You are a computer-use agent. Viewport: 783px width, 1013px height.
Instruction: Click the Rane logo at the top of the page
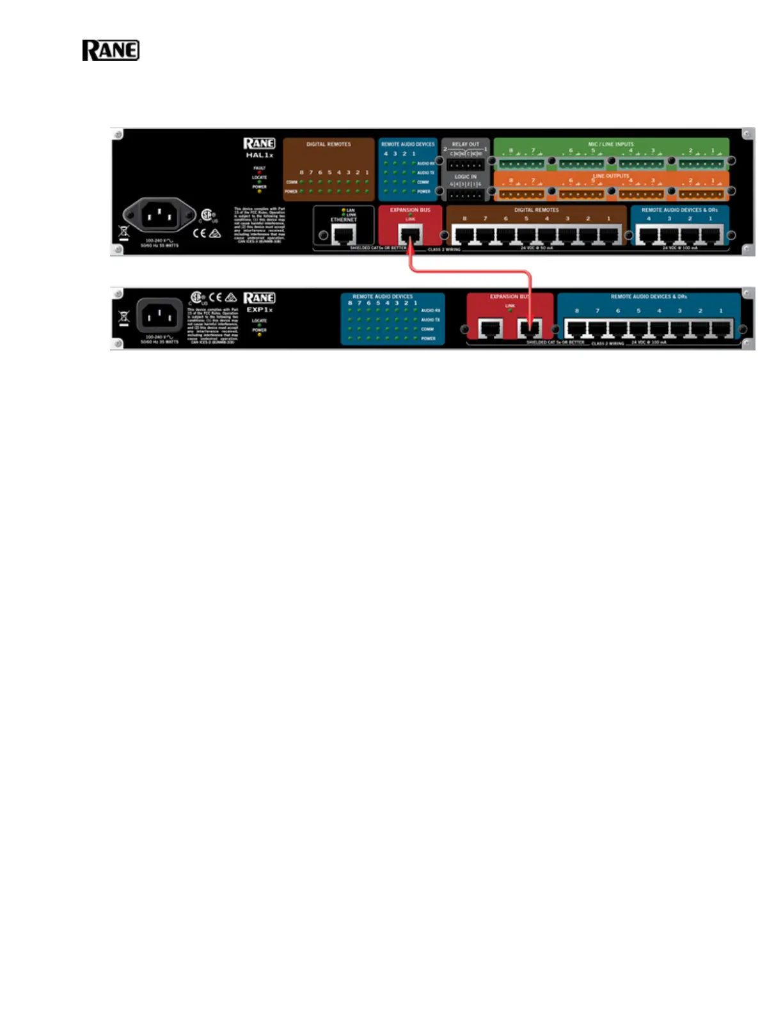point(111,51)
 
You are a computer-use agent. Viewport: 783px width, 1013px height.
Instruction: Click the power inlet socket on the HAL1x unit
point(159,215)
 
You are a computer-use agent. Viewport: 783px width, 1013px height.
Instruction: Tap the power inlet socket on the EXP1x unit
point(159,315)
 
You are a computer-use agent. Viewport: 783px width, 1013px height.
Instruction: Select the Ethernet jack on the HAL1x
point(344,235)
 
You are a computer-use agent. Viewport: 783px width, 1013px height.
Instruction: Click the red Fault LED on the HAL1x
point(259,173)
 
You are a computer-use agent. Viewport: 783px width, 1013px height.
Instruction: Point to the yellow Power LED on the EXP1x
point(259,335)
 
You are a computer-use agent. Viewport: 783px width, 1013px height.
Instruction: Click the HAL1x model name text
point(260,155)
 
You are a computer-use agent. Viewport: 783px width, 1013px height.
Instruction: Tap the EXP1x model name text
point(260,310)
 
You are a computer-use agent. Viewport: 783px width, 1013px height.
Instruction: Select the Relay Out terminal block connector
point(465,165)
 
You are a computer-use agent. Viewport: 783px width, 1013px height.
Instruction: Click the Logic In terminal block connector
point(465,194)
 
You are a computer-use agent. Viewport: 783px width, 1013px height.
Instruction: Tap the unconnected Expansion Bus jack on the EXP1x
point(490,328)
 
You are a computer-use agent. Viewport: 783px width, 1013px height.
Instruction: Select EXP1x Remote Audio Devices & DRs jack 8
point(577,328)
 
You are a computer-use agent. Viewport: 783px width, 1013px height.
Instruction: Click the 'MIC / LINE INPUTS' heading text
point(611,145)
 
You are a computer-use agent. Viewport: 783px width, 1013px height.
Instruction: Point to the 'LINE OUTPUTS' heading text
point(611,176)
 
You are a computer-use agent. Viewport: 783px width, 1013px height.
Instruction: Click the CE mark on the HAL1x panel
point(200,233)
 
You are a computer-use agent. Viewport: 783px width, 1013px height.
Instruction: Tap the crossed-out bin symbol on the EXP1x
point(124,317)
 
